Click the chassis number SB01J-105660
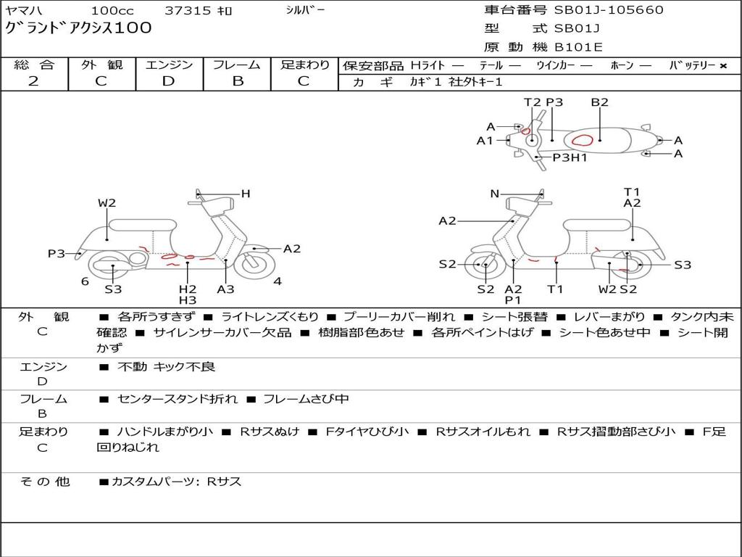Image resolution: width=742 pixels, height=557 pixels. pos(608,10)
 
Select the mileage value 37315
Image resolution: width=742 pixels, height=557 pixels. pos(188,11)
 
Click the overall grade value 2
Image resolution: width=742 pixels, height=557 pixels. pos(33,81)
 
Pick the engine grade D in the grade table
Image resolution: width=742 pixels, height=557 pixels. pos(169,81)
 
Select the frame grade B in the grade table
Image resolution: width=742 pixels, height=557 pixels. pos(238,81)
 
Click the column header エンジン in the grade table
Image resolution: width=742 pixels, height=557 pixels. pos(169,65)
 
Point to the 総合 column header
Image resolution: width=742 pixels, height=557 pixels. pos(33,65)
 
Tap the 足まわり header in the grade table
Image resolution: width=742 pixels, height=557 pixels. pos(305,65)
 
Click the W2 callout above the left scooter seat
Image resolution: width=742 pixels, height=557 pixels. pos(107,203)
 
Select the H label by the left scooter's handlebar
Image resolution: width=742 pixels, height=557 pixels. pos(246,194)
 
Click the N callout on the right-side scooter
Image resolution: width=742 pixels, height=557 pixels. pos(495,194)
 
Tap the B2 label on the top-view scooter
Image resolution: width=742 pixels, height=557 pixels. pos(599,102)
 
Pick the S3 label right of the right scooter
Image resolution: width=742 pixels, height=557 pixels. pos(683,265)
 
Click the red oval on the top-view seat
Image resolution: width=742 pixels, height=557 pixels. pos(583,139)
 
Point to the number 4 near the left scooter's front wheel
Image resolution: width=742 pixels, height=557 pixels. pos(278,281)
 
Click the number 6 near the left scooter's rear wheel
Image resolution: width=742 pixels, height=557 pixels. pos(85,281)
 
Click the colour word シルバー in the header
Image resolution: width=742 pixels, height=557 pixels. pos(306,10)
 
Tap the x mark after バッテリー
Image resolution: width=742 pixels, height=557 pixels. pos(722,65)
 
